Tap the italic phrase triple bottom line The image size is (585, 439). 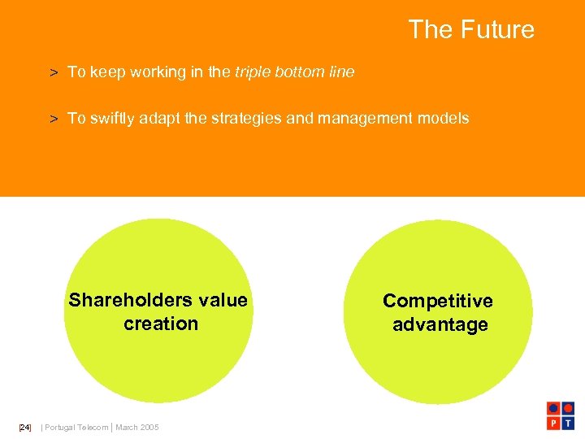pos(295,72)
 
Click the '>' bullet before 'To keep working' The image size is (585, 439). pos(53,73)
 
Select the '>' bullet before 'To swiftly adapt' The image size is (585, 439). pos(53,120)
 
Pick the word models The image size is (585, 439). pos(442,119)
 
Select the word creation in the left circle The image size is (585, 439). pos(161,324)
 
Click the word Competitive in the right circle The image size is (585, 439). pos(438,302)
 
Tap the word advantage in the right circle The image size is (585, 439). pos(440,325)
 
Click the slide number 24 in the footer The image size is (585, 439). pos(24,428)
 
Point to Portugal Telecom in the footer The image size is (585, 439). pos(76,428)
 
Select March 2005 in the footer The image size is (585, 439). pos(137,428)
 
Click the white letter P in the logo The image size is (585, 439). pos(553,423)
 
